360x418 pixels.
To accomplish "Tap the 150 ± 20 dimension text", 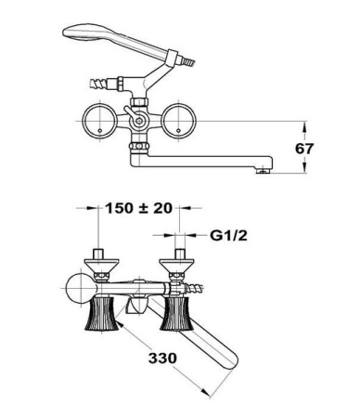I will pyautogui.click(x=139, y=208).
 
